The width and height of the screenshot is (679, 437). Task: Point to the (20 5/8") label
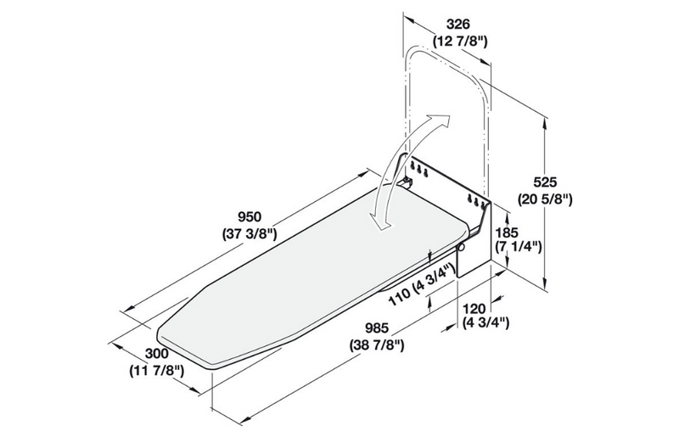coord(547,199)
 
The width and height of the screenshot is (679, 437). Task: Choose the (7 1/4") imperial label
coord(519,248)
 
